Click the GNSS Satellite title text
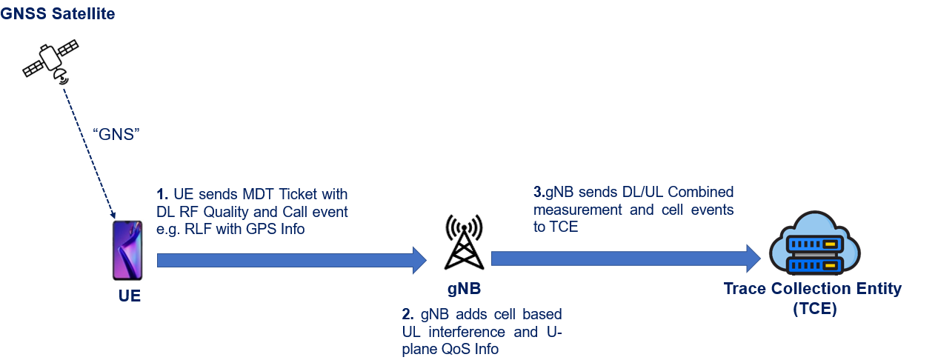pyautogui.click(x=58, y=14)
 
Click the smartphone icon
pyautogui.click(x=127, y=250)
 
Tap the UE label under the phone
pyautogui.click(x=130, y=297)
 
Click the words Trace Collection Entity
pyautogui.click(x=813, y=289)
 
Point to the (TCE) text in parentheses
pyautogui.click(x=813, y=309)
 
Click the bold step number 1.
pyautogui.click(x=162, y=195)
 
